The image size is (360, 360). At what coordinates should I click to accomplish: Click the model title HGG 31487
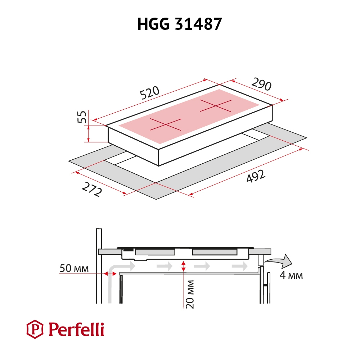tap(180, 24)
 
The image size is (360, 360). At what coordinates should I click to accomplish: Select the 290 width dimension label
tap(261, 84)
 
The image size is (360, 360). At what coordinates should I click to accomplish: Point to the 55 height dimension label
tap(82, 117)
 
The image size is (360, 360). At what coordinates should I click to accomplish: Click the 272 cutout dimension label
tap(92, 190)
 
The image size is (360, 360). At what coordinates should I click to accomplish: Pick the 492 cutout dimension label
tap(256, 176)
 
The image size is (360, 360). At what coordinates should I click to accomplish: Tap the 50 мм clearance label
tap(74, 268)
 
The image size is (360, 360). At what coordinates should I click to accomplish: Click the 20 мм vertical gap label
tap(190, 294)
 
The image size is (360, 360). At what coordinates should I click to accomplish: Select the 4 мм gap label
tap(291, 275)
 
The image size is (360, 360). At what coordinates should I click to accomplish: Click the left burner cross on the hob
tap(166, 124)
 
